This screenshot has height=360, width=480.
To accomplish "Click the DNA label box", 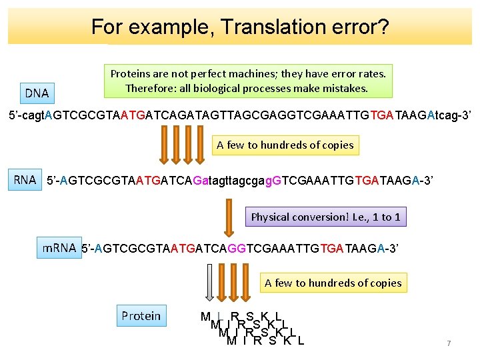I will click(37, 93).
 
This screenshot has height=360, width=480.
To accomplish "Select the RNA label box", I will click(25, 179).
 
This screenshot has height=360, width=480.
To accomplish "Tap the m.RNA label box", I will click(59, 248).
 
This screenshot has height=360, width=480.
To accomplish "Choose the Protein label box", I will click(141, 315).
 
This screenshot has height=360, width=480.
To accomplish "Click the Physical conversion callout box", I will click(326, 217).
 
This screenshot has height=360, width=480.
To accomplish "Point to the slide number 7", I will click(449, 343).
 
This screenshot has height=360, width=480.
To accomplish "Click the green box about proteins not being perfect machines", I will click(248, 81).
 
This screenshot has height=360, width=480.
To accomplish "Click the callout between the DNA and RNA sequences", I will click(285, 145).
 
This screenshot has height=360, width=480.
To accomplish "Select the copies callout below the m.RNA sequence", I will click(333, 283).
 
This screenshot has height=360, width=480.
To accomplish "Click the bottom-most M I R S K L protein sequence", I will click(265, 341).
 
